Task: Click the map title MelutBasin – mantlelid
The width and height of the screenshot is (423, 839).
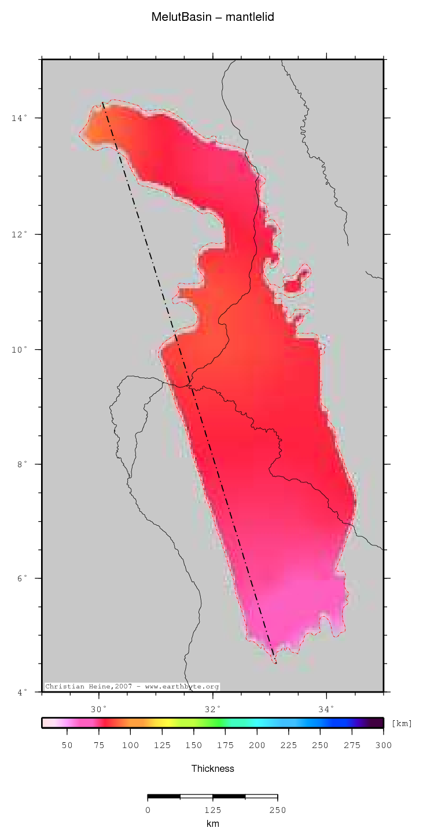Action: coord(212,17)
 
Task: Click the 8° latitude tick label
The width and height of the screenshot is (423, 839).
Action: coord(20,464)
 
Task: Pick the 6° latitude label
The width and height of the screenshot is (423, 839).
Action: coord(20,578)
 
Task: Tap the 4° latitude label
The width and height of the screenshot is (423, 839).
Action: coord(20,692)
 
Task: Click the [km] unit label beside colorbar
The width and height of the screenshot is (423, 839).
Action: coord(402,723)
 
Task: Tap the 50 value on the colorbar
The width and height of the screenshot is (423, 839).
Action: coord(67,745)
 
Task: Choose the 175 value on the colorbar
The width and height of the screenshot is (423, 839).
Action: coord(226,745)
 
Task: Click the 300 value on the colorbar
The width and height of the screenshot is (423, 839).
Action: coord(384,745)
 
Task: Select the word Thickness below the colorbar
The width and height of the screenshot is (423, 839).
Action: coord(213,769)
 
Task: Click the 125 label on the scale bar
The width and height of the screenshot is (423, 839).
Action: coord(213,810)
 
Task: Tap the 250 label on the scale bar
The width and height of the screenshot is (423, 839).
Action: coord(278,810)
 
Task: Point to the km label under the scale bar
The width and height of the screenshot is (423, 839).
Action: coord(213,823)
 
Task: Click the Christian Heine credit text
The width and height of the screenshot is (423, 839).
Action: coord(132,687)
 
